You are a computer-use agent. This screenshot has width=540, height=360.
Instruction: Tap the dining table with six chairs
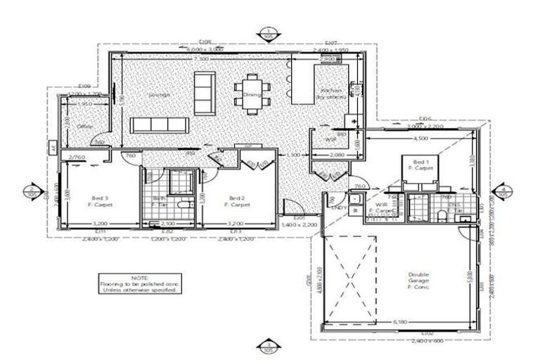(x=252, y=94)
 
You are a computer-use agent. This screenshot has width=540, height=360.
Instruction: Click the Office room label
(x=84, y=127)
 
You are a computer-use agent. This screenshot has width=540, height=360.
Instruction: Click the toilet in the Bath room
(x=182, y=205)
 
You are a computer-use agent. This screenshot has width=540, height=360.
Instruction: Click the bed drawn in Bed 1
(x=420, y=171)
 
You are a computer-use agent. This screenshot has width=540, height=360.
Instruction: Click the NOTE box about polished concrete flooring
(x=138, y=283)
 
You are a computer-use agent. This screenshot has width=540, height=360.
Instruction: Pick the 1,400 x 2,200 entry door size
(x=298, y=224)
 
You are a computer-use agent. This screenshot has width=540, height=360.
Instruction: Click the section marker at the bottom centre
(x=268, y=345)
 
